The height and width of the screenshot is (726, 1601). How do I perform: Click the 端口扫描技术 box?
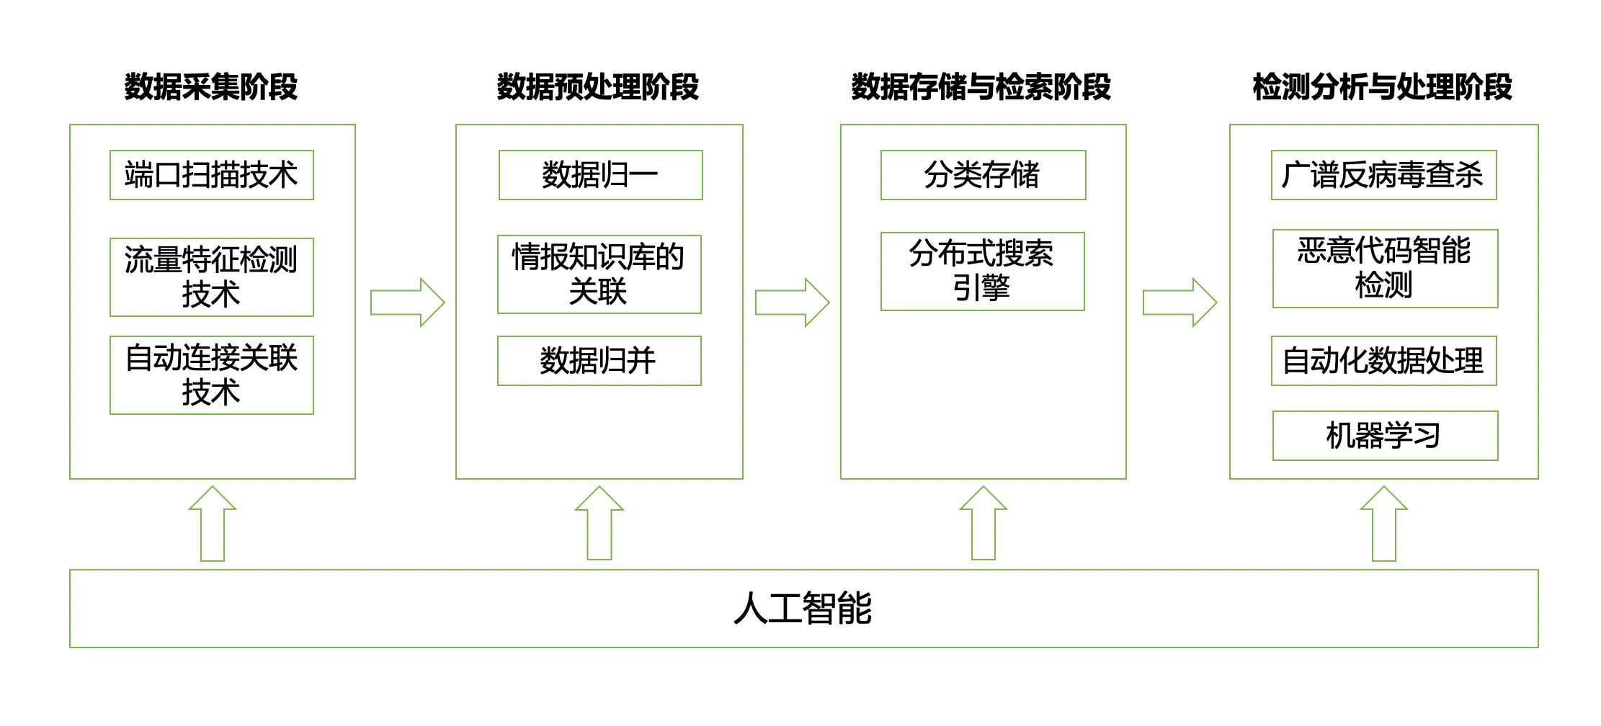[x=211, y=175]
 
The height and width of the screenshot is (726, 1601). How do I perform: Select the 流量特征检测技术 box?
[x=211, y=277]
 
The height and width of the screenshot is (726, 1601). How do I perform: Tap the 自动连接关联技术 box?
[x=211, y=375]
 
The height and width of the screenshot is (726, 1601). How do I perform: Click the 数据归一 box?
[x=600, y=175]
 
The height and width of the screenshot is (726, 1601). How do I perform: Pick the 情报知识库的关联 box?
[x=599, y=274]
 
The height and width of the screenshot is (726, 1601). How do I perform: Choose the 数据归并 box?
[x=599, y=361]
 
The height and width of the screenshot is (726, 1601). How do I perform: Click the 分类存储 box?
[x=983, y=175]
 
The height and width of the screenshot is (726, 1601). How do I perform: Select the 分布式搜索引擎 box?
[x=982, y=272]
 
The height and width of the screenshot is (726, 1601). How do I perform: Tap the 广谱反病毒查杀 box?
[x=1383, y=175]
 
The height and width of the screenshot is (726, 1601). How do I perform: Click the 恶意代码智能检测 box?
[x=1385, y=269]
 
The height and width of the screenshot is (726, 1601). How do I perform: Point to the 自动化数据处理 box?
[x=1383, y=361]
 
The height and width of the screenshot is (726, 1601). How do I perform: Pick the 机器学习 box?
[x=1385, y=436]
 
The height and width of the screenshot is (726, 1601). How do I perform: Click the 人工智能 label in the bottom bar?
[x=803, y=609]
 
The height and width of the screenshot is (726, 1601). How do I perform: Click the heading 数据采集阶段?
[x=211, y=87]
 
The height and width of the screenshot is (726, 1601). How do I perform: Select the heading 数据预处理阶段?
[x=598, y=87]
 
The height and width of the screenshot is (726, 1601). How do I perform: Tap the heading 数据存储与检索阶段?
[x=981, y=87]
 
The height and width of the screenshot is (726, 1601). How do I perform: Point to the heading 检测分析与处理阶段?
[x=1383, y=87]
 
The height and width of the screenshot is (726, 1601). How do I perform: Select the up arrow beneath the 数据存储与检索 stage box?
[x=984, y=524]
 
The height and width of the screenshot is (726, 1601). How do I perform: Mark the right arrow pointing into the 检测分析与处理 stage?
[x=1179, y=302]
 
